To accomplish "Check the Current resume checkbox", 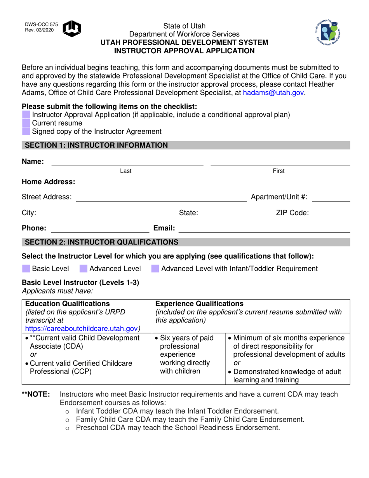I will (26, 123).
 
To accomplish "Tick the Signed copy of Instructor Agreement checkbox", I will (26, 132).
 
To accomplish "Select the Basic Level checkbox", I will (26, 269).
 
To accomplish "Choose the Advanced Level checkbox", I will (84, 269).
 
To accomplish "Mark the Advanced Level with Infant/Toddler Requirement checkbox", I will (155, 269).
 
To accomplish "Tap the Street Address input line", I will (161, 198).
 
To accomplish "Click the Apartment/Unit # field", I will (331, 198).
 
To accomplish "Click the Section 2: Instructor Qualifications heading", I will (102, 242).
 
